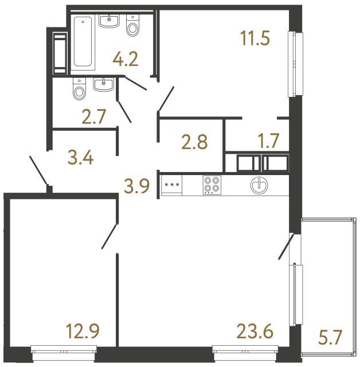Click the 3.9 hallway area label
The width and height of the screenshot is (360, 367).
click(137, 185)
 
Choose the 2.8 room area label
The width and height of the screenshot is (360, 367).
click(194, 142)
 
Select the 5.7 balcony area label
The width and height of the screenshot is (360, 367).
click(330, 338)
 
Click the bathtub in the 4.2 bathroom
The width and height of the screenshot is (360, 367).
click(84, 43)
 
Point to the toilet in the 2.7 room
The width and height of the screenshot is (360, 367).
click(79, 88)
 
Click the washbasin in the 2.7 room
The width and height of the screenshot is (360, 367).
click(104, 85)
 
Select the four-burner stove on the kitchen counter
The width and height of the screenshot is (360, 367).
click(212, 185)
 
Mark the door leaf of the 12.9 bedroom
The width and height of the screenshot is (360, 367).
click(110, 236)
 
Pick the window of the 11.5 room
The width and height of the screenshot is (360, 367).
click(296, 63)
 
